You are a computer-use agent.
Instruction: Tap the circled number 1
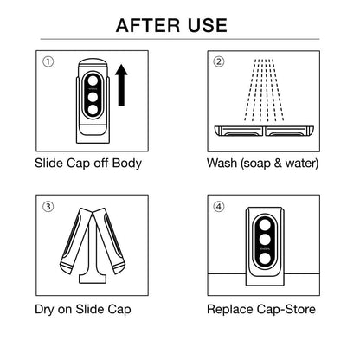49,62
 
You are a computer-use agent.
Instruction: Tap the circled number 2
219,62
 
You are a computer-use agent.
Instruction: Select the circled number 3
49,207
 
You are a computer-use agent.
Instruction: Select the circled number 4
219,207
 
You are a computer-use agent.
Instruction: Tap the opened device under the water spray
265,132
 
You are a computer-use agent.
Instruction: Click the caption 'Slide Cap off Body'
88,163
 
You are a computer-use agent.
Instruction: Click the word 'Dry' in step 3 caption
45,307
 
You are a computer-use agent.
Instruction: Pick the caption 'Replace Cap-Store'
260,307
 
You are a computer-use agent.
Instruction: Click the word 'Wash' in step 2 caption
223,163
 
